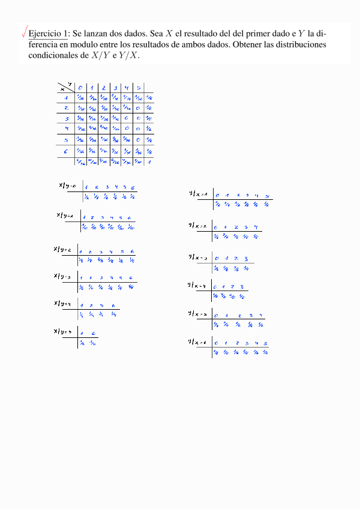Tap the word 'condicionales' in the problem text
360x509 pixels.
click(x=55, y=56)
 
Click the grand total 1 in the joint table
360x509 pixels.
click(x=148, y=161)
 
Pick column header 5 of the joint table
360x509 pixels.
click(x=138, y=88)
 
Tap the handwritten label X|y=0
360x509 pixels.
click(x=68, y=185)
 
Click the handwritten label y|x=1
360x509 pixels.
click(x=198, y=193)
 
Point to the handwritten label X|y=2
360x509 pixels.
click(x=62, y=249)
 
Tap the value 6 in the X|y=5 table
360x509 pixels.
click(x=95, y=334)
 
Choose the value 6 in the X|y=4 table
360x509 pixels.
click(x=113, y=305)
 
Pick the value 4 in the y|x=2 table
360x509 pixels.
click(x=256, y=227)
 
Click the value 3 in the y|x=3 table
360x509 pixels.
click(x=246, y=259)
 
